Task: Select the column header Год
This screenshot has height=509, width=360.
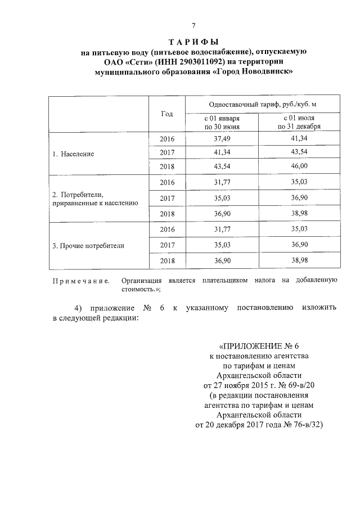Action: click(166, 114)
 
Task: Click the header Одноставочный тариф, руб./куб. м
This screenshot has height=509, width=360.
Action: click(258, 105)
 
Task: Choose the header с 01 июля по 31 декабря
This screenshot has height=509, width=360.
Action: click(299, 123)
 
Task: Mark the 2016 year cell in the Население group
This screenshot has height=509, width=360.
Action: click(167, 138)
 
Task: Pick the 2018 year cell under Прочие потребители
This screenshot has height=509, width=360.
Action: click(167, 261)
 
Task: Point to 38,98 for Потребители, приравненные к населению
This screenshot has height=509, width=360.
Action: click(299, 214)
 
